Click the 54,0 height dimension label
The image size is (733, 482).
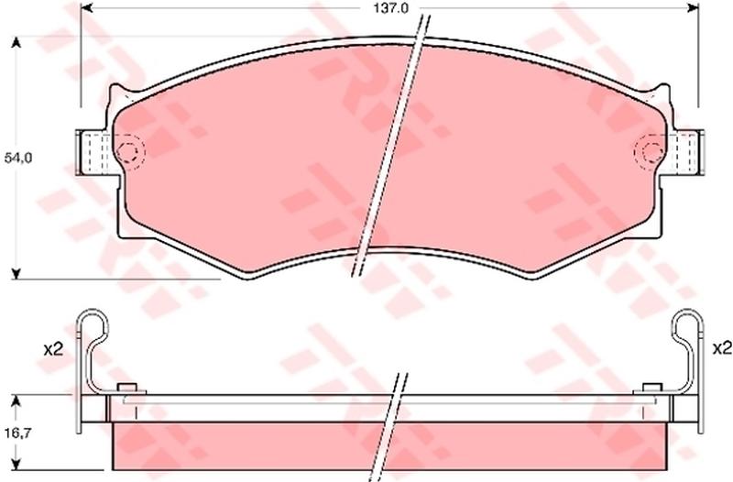coord(17,158)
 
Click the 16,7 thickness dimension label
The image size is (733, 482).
coord(18,433)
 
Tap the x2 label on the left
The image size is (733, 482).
coord(53,349)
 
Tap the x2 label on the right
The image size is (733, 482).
coord(721,348)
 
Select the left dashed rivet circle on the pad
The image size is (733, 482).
coord(129,152)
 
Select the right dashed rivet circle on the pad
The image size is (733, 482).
coord(650,151)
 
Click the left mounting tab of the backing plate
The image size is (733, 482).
coord(94,152)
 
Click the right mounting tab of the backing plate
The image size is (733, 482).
coord(686,152)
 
